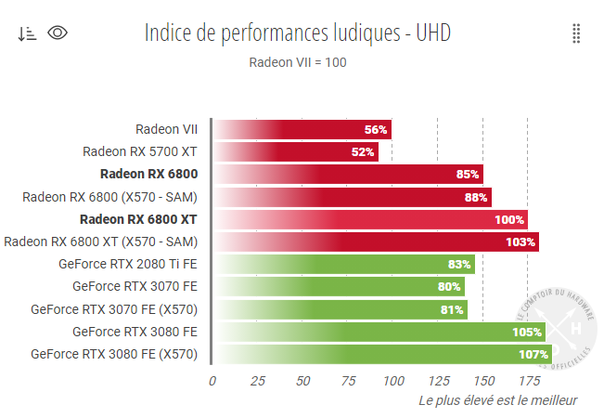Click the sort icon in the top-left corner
[x=27, y=33]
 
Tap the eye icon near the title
[x=58, y=33]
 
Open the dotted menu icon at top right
[x=576, y=33]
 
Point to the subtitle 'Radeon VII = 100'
[x=298, y=62]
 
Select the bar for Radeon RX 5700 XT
[x=295, y=151]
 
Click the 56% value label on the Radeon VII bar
[x=376, y=129]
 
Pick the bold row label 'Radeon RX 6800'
[x=148, y=174]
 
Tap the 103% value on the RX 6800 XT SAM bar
[x=520, y=242]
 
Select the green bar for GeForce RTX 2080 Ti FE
[x=343, y=264]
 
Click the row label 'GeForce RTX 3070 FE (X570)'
[x=114, y=309]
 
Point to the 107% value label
[x=533, y=354]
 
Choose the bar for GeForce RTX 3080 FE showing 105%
[x=379, y=332]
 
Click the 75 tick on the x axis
[x=348, y=380]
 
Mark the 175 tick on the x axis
[x=528, y=380]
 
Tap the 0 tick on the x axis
[x=212, y=380]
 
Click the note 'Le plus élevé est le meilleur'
[x=498, y=400]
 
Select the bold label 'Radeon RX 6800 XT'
[x=138, y=219]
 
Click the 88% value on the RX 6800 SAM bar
[x=476, y=197]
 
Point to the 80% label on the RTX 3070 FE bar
[x=449, y=287]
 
